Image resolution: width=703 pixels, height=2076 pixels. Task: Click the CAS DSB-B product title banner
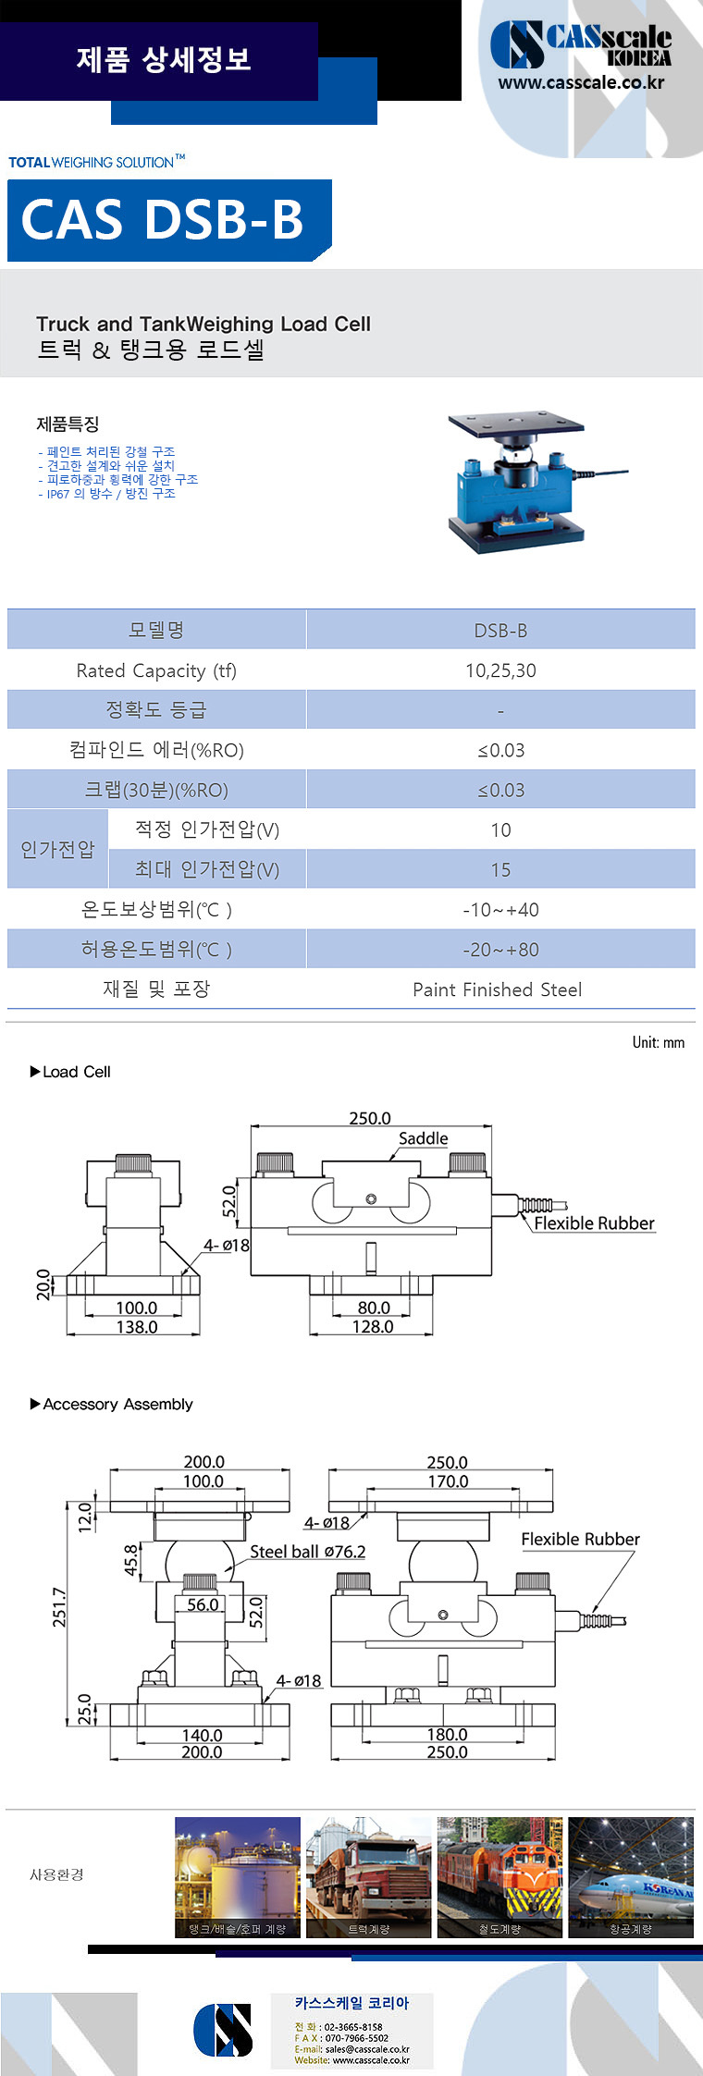pos(166,220)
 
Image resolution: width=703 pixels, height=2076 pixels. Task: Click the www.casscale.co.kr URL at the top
pos(581,82)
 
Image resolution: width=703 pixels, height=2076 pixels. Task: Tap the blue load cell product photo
pos(518,483)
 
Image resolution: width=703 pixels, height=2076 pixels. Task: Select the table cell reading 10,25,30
pos(500,670)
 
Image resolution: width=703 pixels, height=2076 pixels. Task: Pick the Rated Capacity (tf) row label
pos(156,670)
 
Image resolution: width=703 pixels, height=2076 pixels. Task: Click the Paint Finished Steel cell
pos(498,989)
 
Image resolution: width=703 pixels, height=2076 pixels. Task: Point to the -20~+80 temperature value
pos(500,950)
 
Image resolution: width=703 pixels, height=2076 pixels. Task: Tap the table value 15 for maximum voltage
pos(500,870)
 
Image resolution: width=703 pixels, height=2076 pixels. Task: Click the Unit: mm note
pos(659,1042)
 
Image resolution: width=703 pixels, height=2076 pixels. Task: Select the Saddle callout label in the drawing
pos(423,1138)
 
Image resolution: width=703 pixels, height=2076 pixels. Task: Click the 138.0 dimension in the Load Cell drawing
pos(136,1327)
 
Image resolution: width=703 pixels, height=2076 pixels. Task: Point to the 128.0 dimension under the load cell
pos(373,1326)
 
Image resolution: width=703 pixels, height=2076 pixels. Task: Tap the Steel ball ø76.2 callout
pos(307,1552)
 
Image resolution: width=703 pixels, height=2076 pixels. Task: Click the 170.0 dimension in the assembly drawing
pos(448,1481)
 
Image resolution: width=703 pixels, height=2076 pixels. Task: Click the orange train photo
pos(499,1877)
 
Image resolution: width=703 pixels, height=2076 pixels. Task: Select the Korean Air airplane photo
pos(631,1877)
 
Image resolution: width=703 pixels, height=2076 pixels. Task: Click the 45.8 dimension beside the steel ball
pos(131,1560)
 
